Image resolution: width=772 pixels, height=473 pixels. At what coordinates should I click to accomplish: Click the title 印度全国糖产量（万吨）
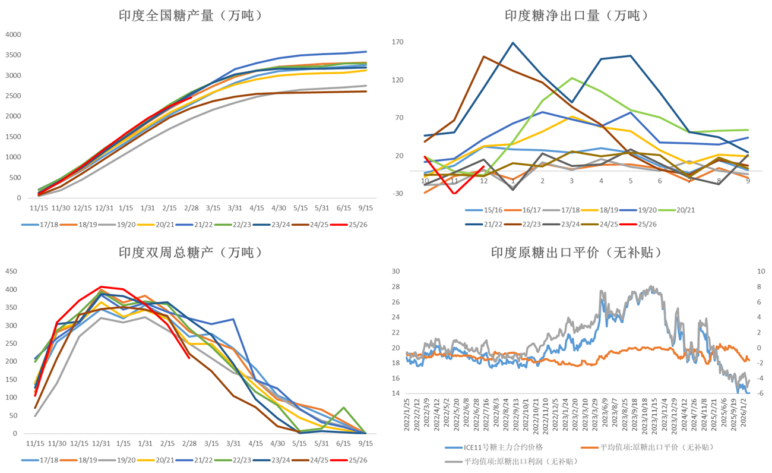point(190,16)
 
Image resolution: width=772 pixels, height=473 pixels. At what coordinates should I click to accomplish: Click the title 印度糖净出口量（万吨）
point(576,15)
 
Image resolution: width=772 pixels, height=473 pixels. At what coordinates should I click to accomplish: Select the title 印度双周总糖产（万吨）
point(190,252)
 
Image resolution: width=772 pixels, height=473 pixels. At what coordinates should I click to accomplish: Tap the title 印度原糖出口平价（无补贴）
point(576,252)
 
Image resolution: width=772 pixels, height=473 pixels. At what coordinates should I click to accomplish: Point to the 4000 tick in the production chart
point(12,34)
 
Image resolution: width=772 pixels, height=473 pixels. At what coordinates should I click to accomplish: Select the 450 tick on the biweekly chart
point(11,272)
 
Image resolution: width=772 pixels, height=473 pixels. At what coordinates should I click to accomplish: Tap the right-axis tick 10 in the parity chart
point(761,272)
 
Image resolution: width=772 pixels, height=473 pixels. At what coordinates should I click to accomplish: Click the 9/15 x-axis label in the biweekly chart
point(365,443)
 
